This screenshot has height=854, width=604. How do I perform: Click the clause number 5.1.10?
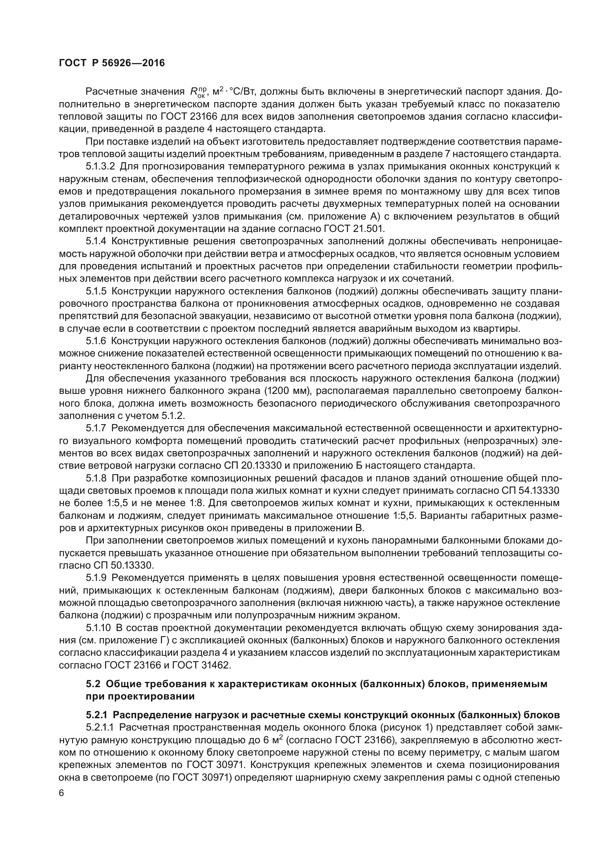tap(98, 628)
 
